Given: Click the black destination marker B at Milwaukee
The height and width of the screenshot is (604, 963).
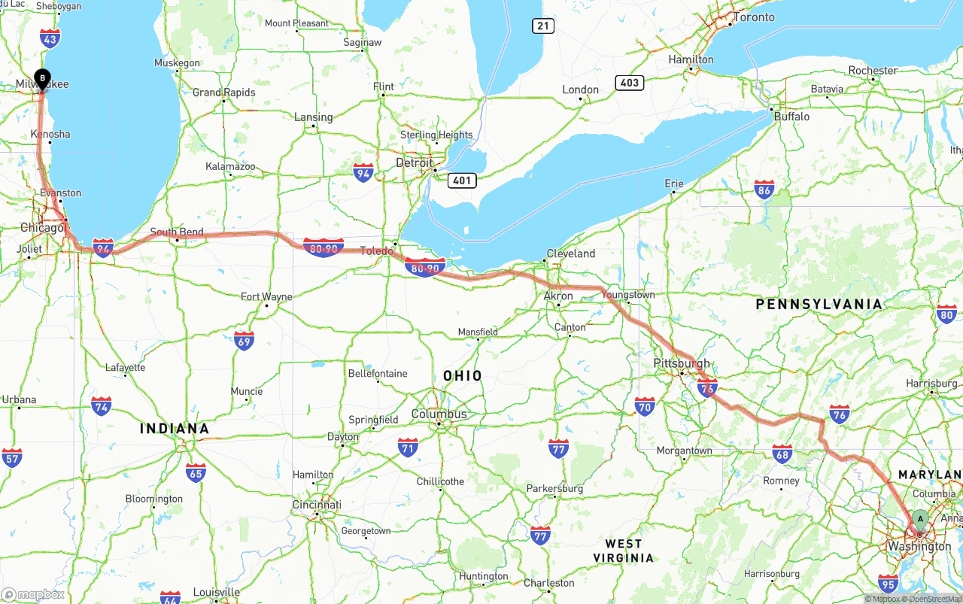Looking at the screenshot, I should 43,77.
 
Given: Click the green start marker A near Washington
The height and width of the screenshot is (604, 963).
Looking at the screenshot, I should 919,519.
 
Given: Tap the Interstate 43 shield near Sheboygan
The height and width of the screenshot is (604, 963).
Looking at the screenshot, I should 50,38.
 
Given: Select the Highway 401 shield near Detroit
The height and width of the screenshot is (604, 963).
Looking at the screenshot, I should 461,181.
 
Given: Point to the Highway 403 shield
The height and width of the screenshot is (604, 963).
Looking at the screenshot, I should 629,83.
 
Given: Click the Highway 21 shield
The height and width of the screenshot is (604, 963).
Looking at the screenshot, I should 543,26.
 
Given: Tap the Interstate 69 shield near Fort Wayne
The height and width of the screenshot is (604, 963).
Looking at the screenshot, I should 244,340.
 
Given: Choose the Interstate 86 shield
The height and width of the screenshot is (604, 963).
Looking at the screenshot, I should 764,189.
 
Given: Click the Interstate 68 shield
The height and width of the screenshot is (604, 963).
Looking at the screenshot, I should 782,453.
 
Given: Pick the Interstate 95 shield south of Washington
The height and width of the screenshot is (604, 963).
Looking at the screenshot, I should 888,582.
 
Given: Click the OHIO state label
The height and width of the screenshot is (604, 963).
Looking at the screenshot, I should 463,375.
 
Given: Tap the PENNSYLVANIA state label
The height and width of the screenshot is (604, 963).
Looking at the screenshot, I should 819,304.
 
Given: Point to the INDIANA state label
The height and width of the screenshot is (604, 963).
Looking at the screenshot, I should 175,428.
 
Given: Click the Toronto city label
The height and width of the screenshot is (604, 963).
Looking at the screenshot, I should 753,17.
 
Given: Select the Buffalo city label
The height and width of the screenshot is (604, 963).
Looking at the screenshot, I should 791,117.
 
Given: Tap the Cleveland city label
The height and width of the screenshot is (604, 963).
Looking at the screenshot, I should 570,253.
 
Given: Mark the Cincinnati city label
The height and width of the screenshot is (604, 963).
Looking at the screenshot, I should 317,505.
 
